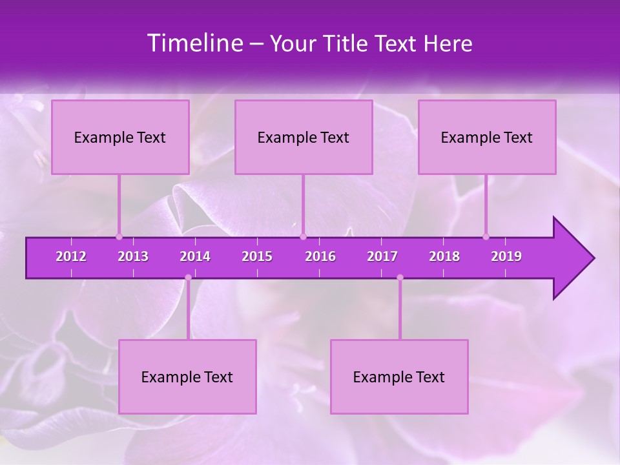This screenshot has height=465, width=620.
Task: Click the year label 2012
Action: coord(71,256)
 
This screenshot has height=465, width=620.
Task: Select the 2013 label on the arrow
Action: coord(133,256)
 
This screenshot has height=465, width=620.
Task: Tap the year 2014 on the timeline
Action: coord(195,256)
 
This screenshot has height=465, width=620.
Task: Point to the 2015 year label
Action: coord(257,256)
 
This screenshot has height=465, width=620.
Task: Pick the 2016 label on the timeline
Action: coord(320,256)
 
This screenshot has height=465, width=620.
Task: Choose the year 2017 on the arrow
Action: coord(382,256)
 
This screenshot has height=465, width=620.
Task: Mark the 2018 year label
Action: coord(444,256)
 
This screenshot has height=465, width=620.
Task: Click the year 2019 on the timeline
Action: coord(506,256)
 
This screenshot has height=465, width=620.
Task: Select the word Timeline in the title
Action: coord(194,43)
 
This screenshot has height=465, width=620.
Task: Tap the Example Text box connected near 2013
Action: coord(120,137)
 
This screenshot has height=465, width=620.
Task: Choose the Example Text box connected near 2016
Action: coord(304,137)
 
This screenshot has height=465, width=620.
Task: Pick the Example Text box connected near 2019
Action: coord(487,137)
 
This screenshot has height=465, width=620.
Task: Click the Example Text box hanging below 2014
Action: coord(187,377)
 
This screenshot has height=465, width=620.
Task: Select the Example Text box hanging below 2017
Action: coord(399,377)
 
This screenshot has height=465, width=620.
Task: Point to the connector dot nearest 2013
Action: coord(119,236)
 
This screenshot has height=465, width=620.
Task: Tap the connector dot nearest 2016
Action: coord(303,236)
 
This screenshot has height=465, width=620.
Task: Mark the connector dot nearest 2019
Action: coord(486,236)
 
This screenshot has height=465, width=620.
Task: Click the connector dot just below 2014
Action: coord(188,278)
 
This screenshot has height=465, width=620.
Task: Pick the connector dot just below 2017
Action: coord(400,278)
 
